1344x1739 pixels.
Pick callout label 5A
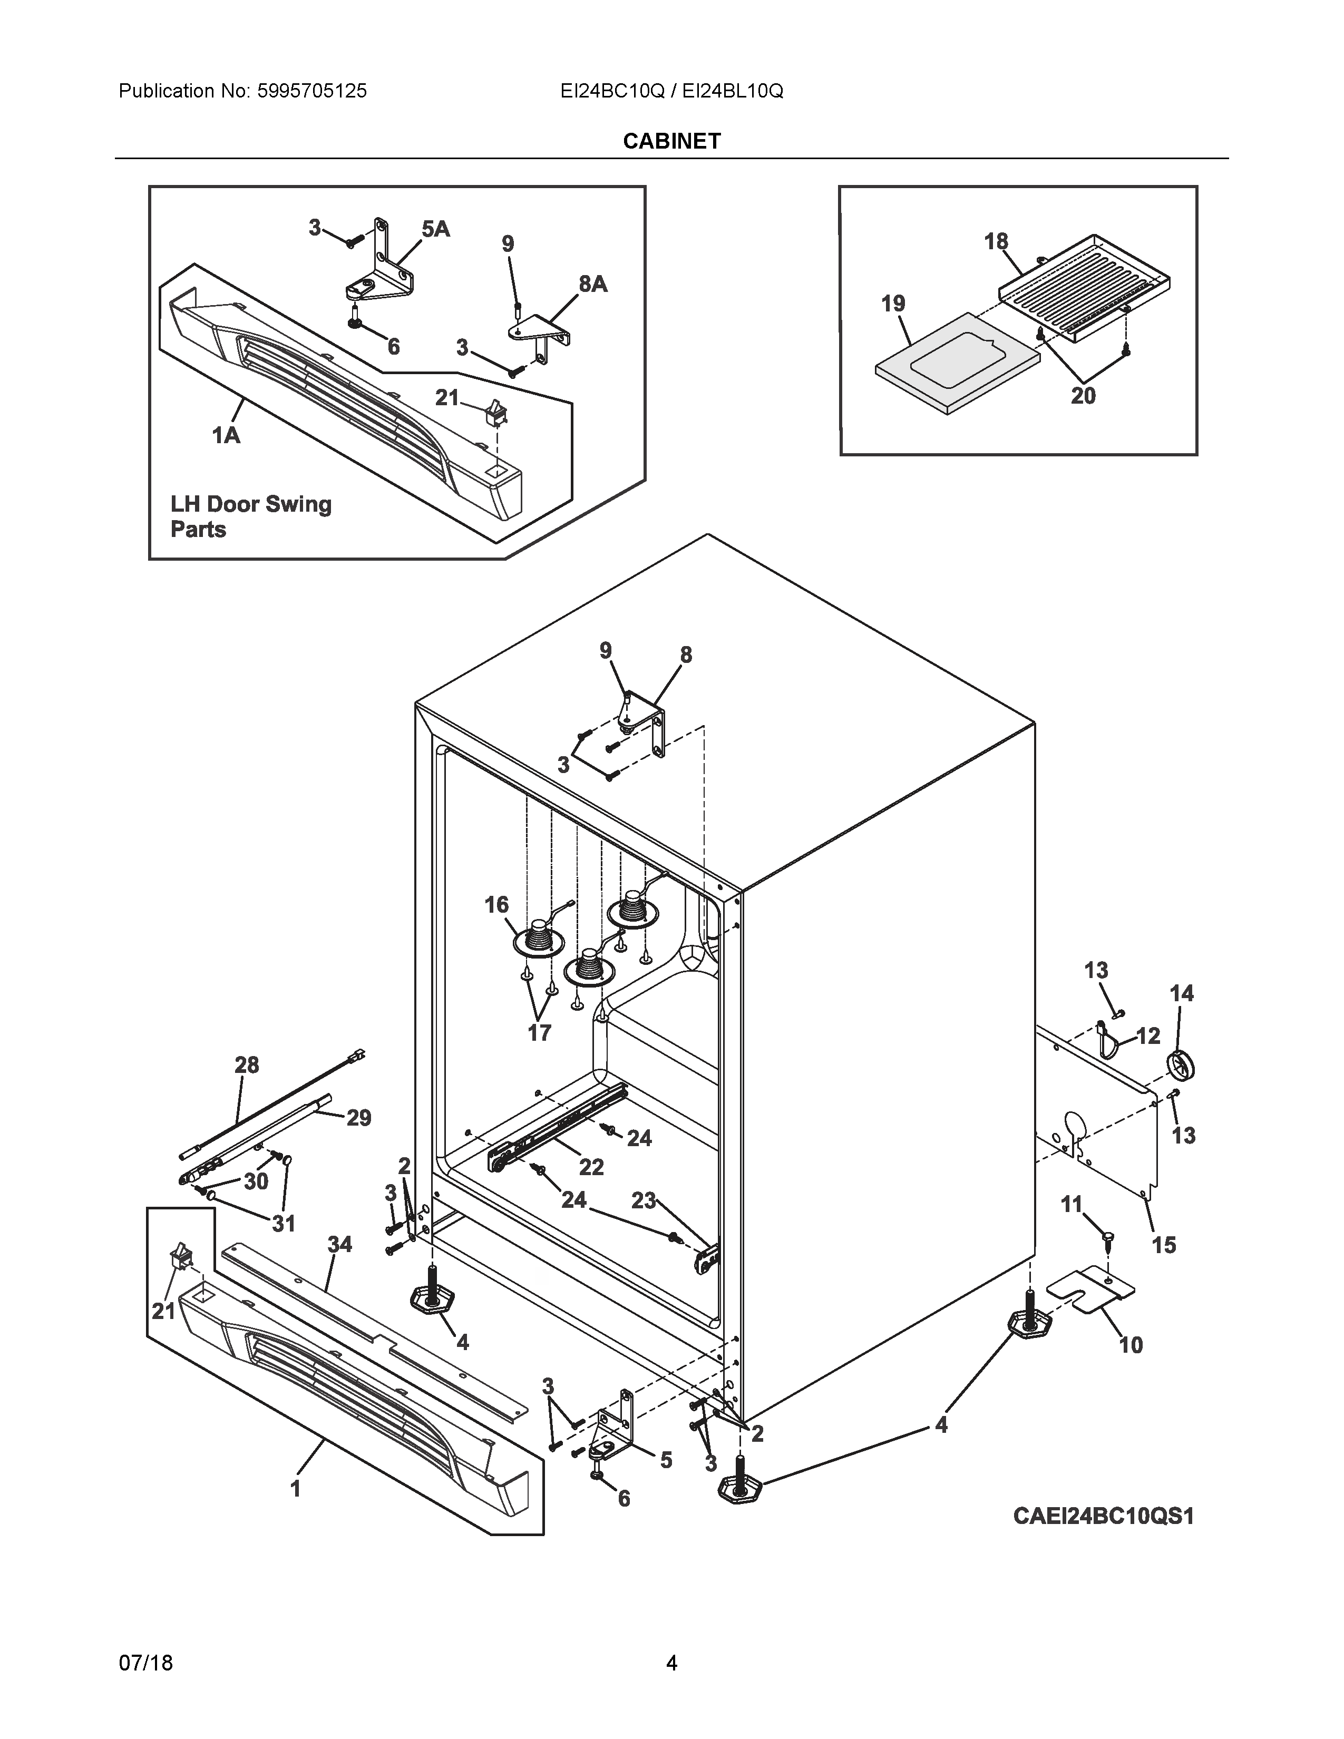coord(435,229)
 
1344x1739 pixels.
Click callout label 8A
coord(592,284)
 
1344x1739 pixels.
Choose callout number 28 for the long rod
coord(247,1064)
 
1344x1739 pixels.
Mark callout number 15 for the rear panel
coord(1163,1245)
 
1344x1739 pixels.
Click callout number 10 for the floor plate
coord(1131,1345)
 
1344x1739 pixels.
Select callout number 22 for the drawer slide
coord(591,1167)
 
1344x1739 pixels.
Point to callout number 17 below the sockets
coord(539,1033)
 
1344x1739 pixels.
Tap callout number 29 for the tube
coord(358,1118)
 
